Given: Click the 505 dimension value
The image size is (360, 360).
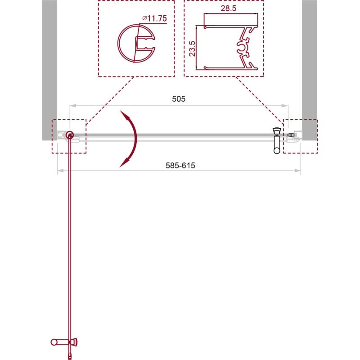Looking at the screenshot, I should point(179,99).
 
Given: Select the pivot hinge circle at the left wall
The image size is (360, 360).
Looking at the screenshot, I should point(69,135).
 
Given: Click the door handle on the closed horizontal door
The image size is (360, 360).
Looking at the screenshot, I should point(277,141).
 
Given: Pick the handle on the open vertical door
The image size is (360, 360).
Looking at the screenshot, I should point(63,342).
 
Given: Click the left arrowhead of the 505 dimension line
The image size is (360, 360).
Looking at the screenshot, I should point(71,106).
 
